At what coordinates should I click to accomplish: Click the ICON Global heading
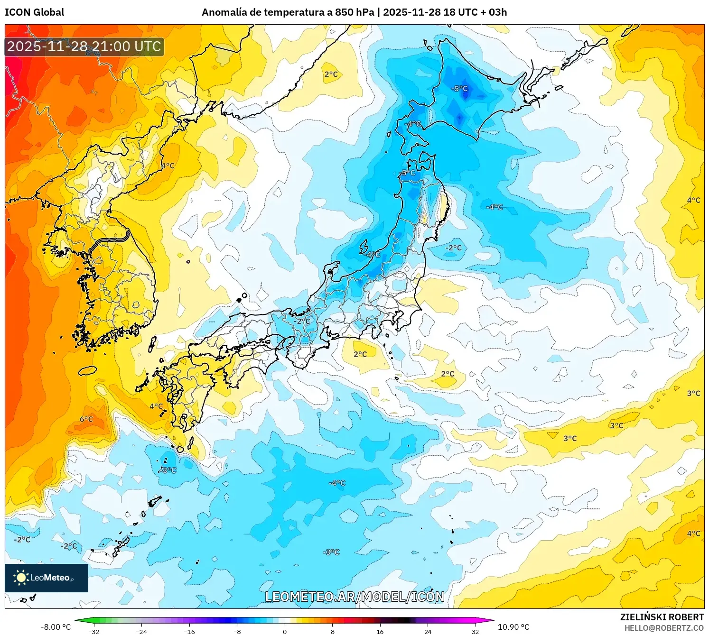click(34, 12)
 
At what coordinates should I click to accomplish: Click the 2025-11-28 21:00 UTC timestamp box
click(84, 46)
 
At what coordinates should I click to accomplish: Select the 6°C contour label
click(86, 419)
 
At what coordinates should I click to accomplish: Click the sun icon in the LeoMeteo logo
click(21, 577)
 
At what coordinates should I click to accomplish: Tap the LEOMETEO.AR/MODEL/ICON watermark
click(354, 597)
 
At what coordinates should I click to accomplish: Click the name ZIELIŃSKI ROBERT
click(662, 617)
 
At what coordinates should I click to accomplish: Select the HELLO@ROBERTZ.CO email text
click(664, 628)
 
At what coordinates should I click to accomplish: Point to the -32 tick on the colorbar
click(94, 631)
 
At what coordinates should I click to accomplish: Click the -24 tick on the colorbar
click(141, 631)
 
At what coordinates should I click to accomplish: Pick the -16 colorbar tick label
click(189, 631)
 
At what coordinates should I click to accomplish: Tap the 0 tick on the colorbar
click(285, 631)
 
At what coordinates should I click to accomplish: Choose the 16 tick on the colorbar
click(380, 631)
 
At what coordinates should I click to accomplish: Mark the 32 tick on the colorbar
click(475, 631)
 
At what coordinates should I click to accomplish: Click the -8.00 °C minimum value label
click(56, 627)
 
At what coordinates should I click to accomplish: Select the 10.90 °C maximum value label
click(513, 627)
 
